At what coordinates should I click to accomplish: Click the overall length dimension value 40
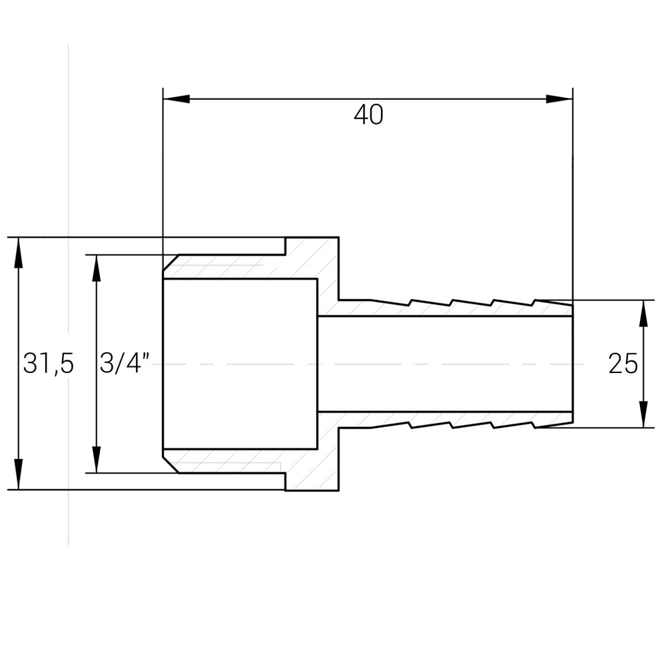(x=368, y=115)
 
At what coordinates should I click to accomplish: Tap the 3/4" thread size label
(x=124, y=364)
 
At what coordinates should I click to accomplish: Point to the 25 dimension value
(x=623, y=364)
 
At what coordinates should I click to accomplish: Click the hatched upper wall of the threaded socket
(x=226, y=267)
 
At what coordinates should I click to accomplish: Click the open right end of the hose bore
(x=571, y=364)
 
